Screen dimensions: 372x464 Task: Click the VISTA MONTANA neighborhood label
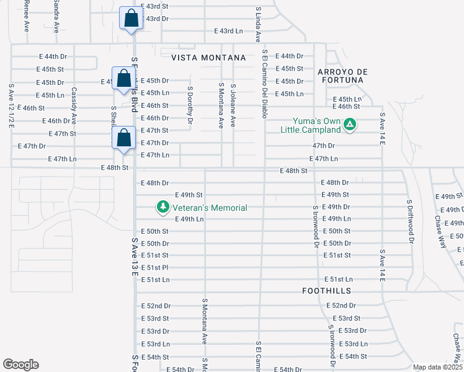pyautogui.click(x=208, y=57)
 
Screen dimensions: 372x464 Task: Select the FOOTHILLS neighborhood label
pyautogui.click(x=327, y=290)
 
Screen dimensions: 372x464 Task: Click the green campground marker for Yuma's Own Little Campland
pyautogui.click(x=350, y=125)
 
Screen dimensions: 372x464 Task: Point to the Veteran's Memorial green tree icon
pyautogui.click(x=163, y=208)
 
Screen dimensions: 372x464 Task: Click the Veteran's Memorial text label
pyautogui.click(x=210, y=208)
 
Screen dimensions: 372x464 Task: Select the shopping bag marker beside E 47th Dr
pyautogui.click(x=124, y=138)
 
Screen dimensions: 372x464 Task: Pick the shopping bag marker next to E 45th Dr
pyautogui.click(x=123, y=78)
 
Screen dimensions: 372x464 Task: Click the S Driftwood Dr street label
pyautogui.click(x=409, y=220)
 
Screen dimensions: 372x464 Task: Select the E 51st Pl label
pyautogui.click(x=155, y=267)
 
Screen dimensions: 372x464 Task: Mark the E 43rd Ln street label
pyautogui.click(x=228, y=30)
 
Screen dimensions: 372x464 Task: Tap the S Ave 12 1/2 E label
pyautogui.click(x=11, y=106)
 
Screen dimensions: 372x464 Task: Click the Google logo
pyautogui.click(x=20, y=365)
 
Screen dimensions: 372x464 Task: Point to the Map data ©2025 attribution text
pyautogui.click(x=437, y=367)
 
